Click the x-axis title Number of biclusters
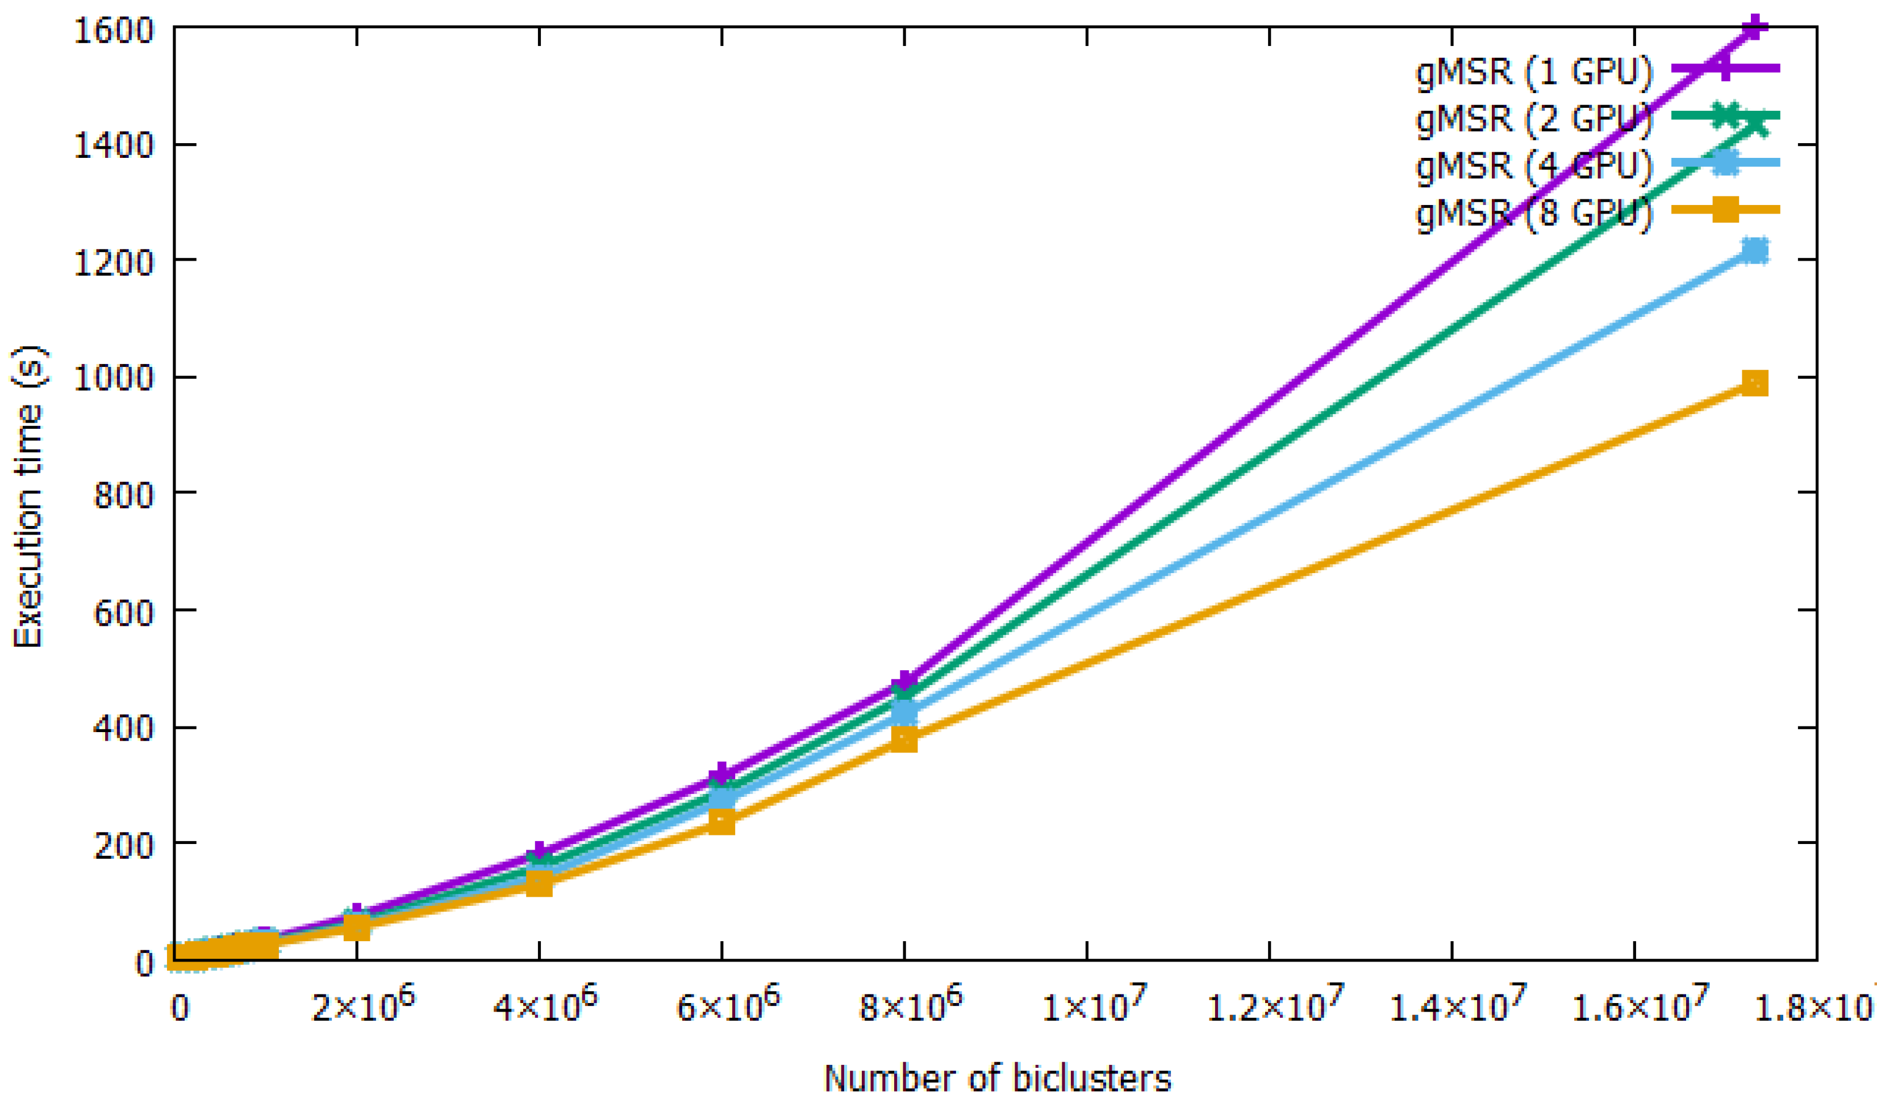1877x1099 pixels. (x=998, y=1077)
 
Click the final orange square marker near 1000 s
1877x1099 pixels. (x=1755, y=383)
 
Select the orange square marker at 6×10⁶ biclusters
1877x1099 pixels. (x=721, y=822)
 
